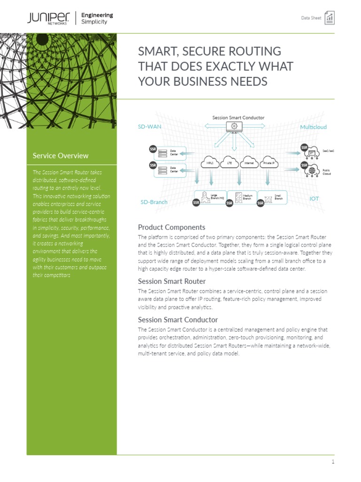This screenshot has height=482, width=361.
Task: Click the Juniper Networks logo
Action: coord(47,18)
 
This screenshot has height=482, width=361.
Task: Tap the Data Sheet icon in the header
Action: coord(330,18)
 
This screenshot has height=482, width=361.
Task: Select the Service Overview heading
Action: coord(60,155)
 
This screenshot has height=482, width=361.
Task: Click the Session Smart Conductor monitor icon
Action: coord(233,126)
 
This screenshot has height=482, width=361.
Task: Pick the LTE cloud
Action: coord(229,163)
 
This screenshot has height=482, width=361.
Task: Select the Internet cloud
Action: coord(249,163)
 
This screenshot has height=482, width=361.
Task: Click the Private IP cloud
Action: coord(269,163)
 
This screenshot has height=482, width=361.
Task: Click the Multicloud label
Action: coord(313,127)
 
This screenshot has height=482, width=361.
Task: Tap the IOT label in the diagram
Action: coord(314,199)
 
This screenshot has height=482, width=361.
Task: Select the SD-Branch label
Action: coord(154,202)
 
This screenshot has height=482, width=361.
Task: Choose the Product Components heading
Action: coord(171,227)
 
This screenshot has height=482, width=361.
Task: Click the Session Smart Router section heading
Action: coord(172,281)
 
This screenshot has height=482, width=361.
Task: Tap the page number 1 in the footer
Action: coord(333,462)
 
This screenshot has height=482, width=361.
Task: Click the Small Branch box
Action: coord(274,198)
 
